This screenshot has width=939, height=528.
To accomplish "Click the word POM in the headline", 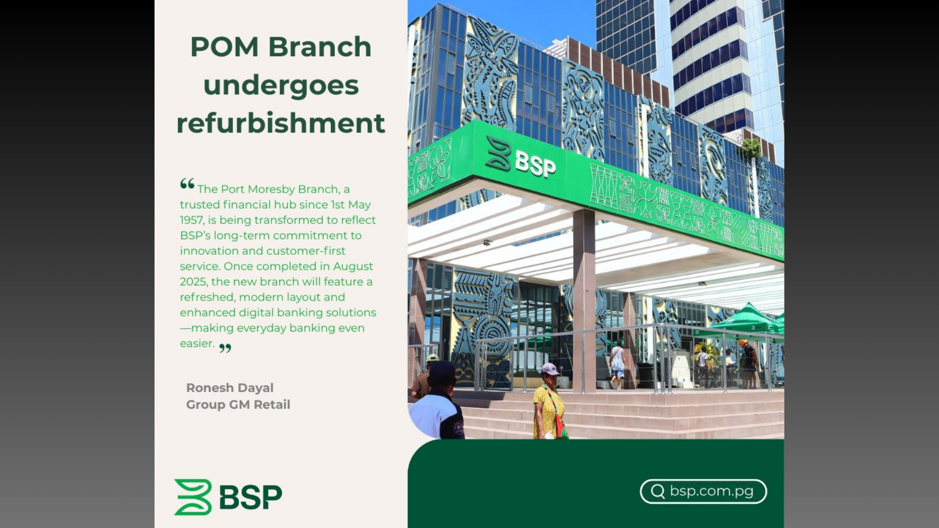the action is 224,47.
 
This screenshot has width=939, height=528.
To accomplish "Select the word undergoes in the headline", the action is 281,86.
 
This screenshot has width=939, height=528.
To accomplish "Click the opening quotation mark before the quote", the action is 187,184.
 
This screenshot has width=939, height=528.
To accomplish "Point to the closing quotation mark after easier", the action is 225,348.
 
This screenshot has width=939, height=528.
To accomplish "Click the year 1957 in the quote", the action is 190,220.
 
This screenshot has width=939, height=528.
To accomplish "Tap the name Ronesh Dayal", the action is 230,388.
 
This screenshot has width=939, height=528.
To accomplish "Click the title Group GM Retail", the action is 238,405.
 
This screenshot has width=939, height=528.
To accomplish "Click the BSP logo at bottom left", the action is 228,497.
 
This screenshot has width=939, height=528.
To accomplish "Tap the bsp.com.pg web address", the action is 712,491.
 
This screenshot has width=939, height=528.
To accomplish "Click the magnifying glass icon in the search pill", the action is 658,491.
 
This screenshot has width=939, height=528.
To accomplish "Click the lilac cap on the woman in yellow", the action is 550,369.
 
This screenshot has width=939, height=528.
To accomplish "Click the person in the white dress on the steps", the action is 617,365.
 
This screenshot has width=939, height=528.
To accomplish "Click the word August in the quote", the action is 353,266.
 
